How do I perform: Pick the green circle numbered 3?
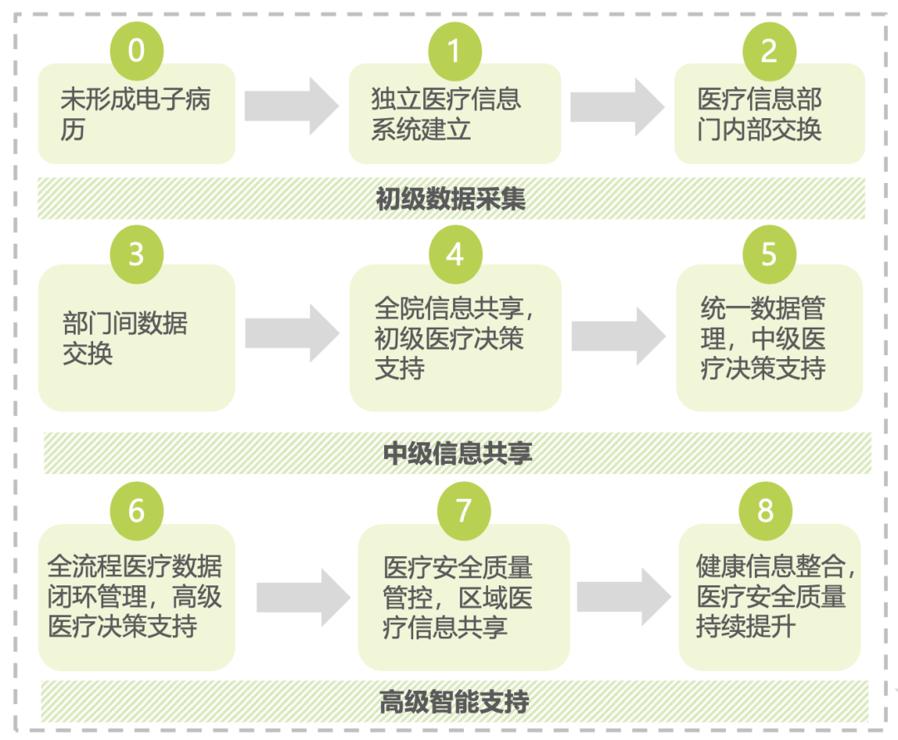(136, 253)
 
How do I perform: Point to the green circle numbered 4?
(454, 253)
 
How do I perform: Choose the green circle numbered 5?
(769, 253)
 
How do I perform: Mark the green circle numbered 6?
(136, 510)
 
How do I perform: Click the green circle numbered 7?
(463, 510)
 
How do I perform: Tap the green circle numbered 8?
(766, 510)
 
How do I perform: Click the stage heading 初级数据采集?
(451, 200)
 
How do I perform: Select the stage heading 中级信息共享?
(457, 453)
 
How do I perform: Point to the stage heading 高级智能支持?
(454, 702)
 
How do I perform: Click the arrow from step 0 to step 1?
(292, 106)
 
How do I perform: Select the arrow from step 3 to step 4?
(292, 333)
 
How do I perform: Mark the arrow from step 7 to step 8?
(624, 597)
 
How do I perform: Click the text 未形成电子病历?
(136, 114)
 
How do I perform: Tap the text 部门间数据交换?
(125, 338)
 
